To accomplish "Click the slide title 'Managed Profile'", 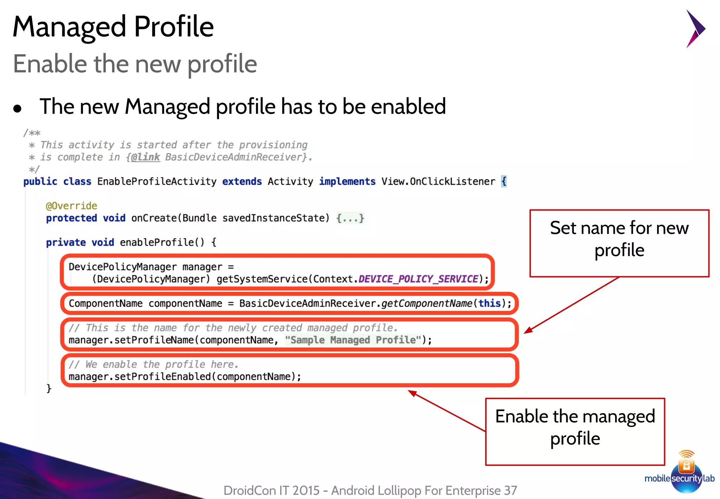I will tap(113, 27).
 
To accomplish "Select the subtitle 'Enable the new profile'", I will tap(135, 64).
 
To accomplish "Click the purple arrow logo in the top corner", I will tap(695, 29).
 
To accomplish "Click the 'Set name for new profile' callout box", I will tap(619, 243).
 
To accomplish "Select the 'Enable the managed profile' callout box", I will tap(575, 431).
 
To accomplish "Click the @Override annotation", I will tap(71, 206).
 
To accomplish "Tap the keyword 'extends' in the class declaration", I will tap(242, 182).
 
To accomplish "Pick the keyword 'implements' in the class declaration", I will tap(347, 182).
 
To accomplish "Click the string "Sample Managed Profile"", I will tap(353, 340).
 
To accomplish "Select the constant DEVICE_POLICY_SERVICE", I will tap(418, 279).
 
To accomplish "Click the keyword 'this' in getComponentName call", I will tap(489, 303).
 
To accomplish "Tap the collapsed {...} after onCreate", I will tap(350, 218).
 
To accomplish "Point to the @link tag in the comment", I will tap(145, 157).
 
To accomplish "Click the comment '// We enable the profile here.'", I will tap(154, 364).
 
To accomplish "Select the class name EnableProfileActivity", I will tap(157, 182).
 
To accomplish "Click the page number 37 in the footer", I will tap(510, 490).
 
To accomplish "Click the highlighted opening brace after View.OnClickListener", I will tap(504, 182).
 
